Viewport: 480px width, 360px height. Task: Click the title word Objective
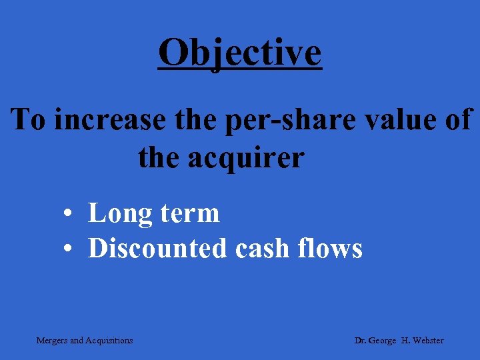[240, 53]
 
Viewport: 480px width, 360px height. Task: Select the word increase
[108, 121]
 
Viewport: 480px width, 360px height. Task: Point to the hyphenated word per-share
[281, 121]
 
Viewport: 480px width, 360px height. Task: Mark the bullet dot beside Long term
[69, 214]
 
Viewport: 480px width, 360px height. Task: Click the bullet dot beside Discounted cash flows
[69, 249]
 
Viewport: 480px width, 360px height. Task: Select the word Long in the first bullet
[117, 214]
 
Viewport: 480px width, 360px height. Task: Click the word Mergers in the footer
[51, 341]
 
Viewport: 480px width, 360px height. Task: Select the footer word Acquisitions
[109, 341]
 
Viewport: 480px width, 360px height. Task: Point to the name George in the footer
[386, 341]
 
